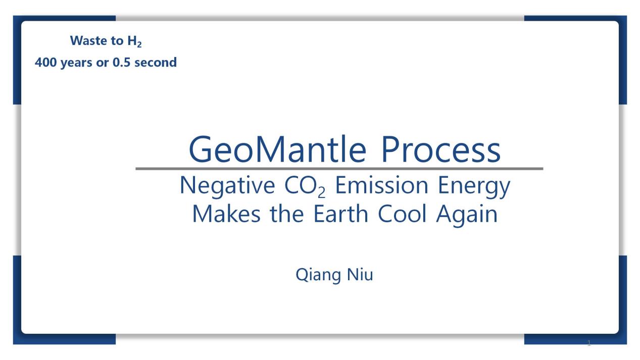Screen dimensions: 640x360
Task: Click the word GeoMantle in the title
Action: [x=278, y=149]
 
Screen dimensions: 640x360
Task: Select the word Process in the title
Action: [x=441, y=149]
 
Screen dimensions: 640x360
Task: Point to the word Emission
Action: [x=381, y=185]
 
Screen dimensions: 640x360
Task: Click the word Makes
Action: [x=226, y=214]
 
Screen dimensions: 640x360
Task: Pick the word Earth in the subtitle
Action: [x=340, y=214]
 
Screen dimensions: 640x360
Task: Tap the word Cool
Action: [x=402, y=214]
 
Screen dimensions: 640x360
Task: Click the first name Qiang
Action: [x=318, y=275]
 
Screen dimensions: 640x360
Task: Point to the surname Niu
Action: [x=360, y=275]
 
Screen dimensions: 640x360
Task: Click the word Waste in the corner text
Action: [x=89, y=40]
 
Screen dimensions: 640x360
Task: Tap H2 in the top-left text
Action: [x=134, y=41]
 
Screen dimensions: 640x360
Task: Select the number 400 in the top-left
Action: [x=45, y=62]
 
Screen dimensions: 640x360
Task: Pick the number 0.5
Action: [x=121, y=62]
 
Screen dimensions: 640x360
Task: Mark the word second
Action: [x=156, y=62]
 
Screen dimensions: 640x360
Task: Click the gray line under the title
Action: [x=339, y=169]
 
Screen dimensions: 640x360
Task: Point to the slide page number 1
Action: [x=589, y=343]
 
